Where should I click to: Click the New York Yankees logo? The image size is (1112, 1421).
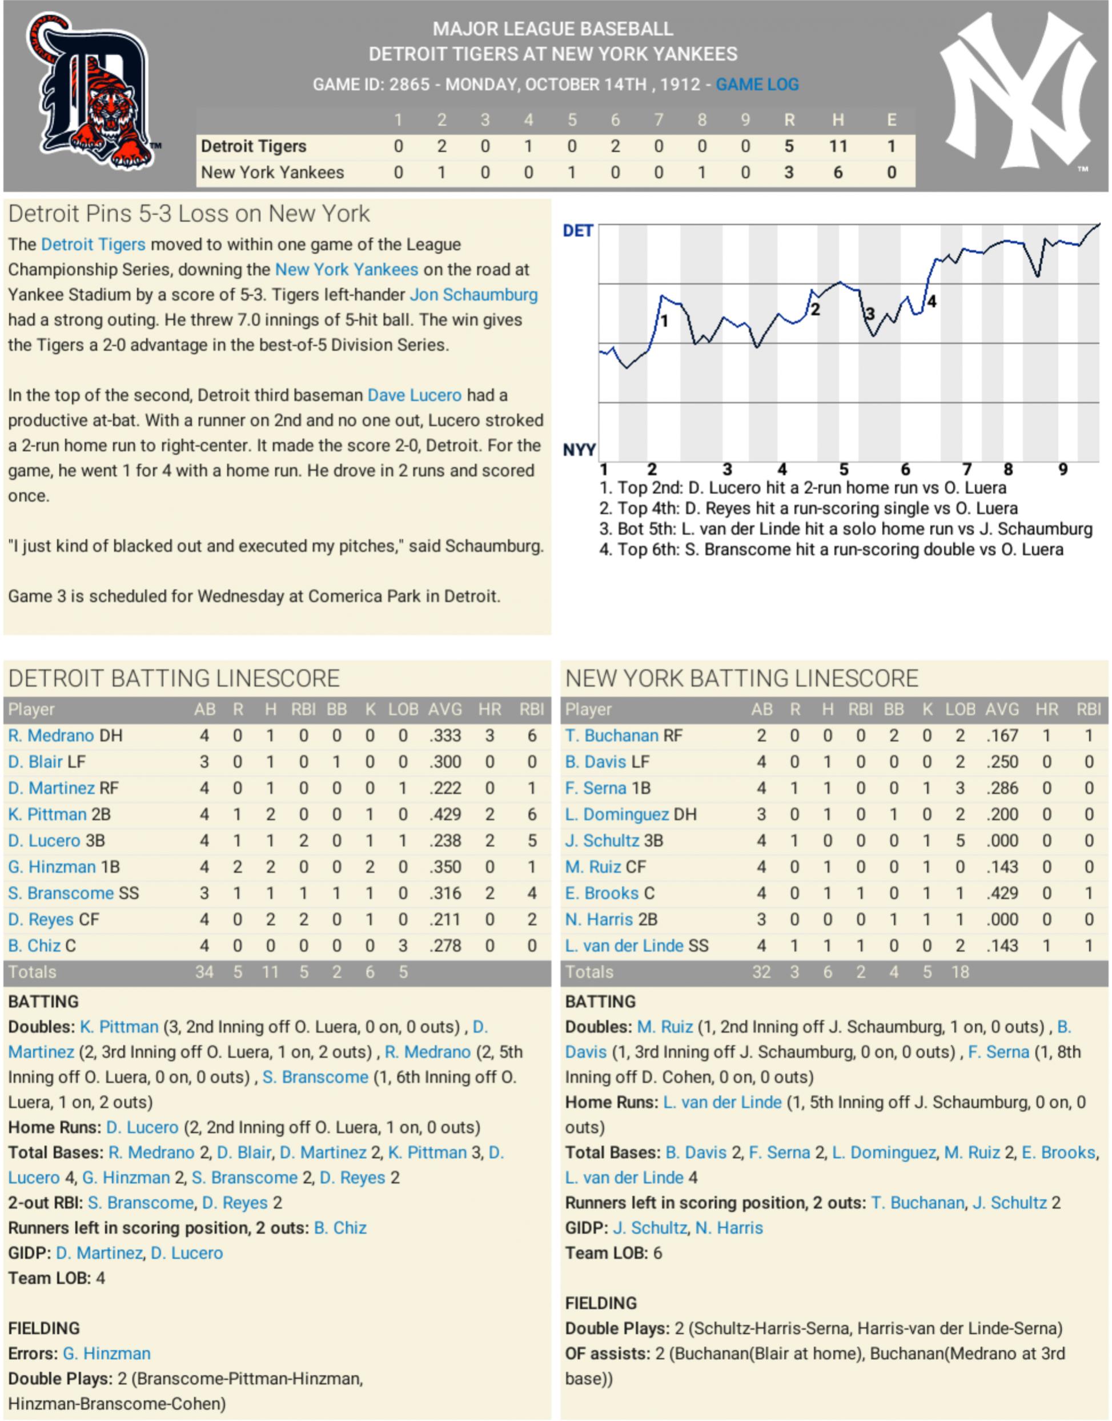[x=1017, y=91]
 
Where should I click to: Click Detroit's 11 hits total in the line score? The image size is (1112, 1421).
[x=837, y=146]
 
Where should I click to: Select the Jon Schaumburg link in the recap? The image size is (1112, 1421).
[x=473, y=295]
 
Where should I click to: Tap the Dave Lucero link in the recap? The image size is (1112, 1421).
[x=414, y=395]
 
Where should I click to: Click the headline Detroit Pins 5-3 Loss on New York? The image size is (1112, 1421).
[x=189, y=214]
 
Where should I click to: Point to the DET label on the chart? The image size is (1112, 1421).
[x=577, y=231]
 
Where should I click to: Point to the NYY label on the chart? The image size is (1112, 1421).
[x=579, y=450]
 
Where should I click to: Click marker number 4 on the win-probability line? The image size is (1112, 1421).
[x=932, y=302]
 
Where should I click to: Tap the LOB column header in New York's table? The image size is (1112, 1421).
[x=960, y=709]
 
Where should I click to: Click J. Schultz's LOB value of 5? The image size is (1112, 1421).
[x=960, y=840]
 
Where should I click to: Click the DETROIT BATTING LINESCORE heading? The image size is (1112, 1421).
[x=174, y=679]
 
